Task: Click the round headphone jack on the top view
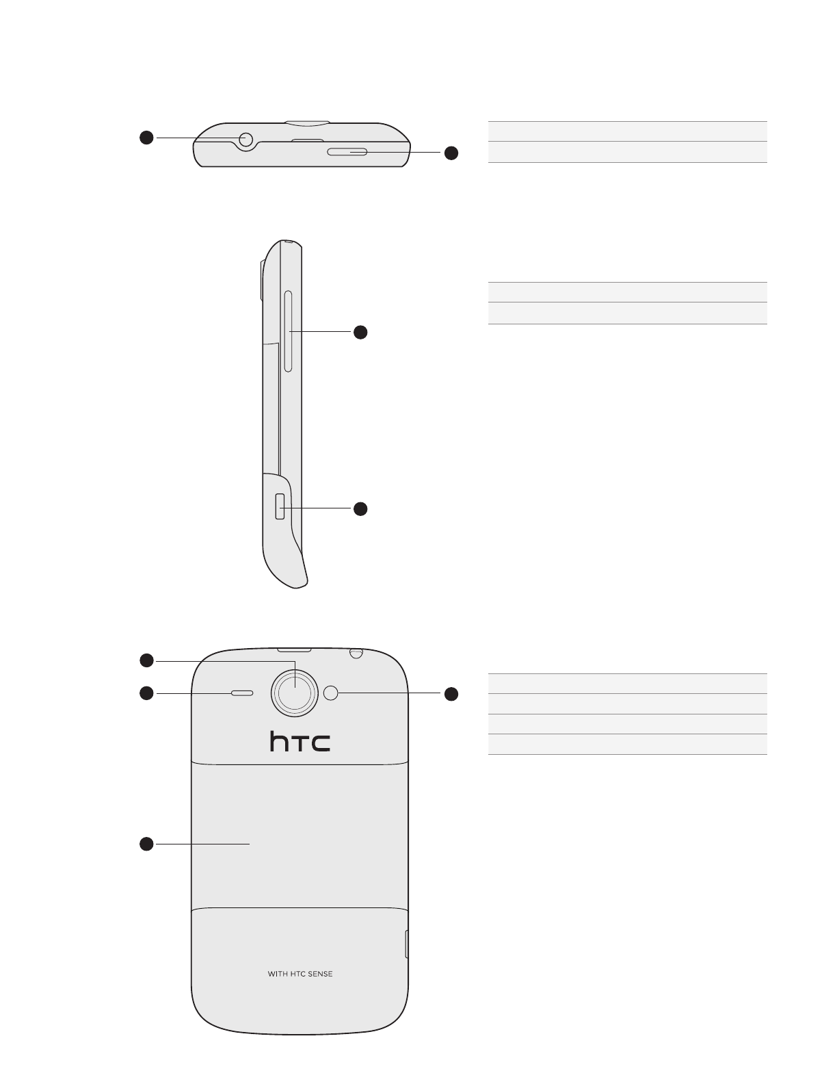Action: (x=245, y=140)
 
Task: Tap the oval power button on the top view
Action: (x=347, y=151)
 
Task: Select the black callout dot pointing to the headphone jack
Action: (x=146, y=138)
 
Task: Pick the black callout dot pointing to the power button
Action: (x=451, y=153)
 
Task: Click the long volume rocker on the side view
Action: (x=288, y=331)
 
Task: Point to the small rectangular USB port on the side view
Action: (x=280, y=507)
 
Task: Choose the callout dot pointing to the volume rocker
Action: (x=360, y=332)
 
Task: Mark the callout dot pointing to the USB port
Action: (x=360, y=508)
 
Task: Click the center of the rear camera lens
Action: (x=295, y=693)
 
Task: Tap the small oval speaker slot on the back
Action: (x=243, y=693)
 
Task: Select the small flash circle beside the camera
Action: (x=331, y=693)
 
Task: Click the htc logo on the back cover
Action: (x=300, y=743)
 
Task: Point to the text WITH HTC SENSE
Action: (x=300, y=974)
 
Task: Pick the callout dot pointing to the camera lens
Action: (x=146, y=660)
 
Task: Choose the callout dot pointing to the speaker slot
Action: (x=146, y=693)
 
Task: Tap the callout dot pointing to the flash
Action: (x=451, y=694)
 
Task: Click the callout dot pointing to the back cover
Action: (x=146, y=844)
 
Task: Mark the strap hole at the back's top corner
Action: (x=355, y=653)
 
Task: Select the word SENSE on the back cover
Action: (x=319, y=974)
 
